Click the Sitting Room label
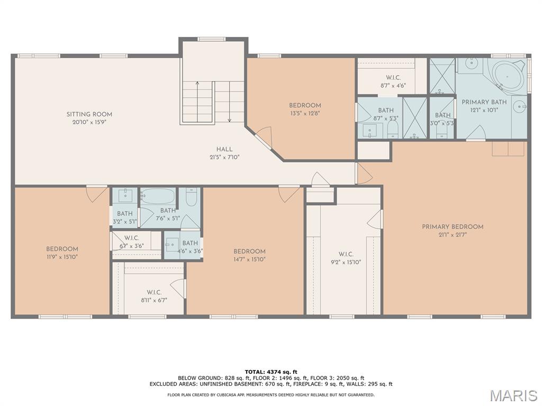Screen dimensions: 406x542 point(89,114)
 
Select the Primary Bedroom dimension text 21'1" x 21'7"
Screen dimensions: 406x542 point(452,235)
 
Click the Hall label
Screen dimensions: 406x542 point(224,149)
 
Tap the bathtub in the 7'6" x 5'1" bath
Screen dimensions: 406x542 point(157,198)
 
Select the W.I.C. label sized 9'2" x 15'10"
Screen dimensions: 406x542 point(346,254)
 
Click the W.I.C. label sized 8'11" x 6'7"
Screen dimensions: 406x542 point(154,292)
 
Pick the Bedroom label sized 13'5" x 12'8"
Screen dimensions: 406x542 point(304,105)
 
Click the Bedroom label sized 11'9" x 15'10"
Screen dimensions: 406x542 point(62,249)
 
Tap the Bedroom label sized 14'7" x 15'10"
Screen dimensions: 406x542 point(249,251)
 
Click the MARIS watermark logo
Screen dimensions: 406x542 point(513,395)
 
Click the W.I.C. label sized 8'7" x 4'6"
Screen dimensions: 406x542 point(392,78)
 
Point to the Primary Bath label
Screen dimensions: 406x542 point(484,102)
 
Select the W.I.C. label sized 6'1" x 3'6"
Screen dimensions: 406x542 point(132,238)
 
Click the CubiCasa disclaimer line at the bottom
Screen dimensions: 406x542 point(270,395)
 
